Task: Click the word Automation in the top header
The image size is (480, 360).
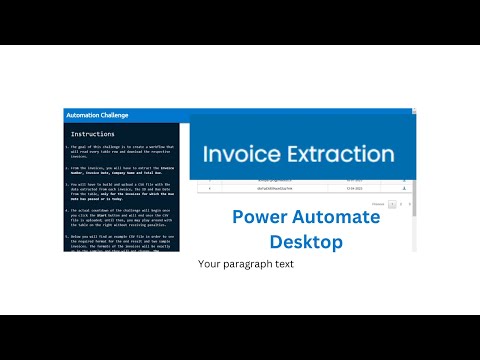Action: (x=81, y=115)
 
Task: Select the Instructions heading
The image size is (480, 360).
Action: (x=98, y=133)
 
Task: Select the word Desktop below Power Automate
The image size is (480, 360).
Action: (x=306, y=241)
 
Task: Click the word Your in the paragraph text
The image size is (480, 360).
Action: (x=208, y=265)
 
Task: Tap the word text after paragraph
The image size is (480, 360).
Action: (x=283, y=265)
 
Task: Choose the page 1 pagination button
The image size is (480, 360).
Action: (x=391, y=204)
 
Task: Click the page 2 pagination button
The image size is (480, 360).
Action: (x=400, y=204)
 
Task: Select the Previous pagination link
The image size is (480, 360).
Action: (x=377, y=204)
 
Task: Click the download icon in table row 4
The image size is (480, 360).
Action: (x=400, y=187)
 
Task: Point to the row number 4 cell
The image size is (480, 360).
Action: (x=209, y=187)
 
